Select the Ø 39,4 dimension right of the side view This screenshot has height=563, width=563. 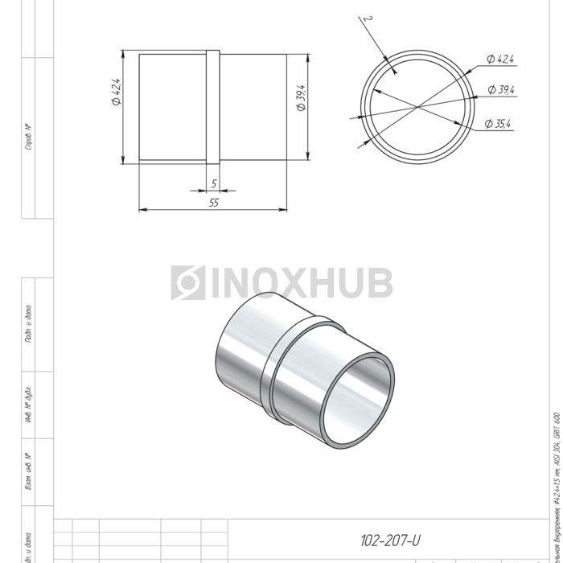point(301,97)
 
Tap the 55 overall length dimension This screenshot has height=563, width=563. point(214,203)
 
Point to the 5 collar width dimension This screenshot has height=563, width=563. point(214,184)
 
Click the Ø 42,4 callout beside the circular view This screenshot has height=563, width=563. point(500,59)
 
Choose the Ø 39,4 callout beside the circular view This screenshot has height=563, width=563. point(500,90)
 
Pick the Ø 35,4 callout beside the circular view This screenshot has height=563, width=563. point(499,123)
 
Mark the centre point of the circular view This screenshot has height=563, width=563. point(417,106)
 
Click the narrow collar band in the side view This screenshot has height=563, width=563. point(213,107)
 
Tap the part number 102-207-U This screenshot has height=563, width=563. point(392,540)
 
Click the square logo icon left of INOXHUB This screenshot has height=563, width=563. point(187,283)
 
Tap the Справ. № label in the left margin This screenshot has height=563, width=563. point(28,137)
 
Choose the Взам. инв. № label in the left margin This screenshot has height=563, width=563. point(28,471)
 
